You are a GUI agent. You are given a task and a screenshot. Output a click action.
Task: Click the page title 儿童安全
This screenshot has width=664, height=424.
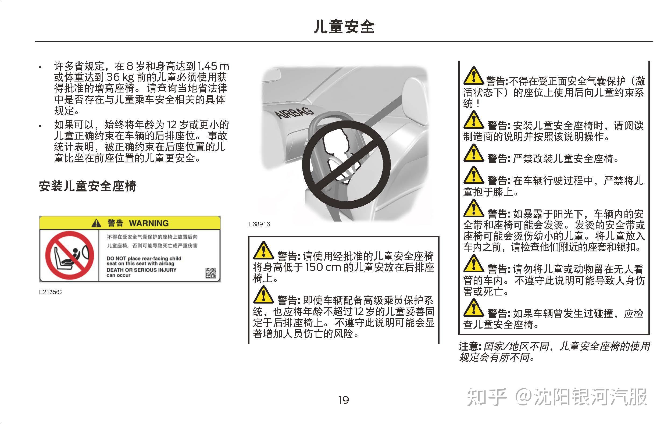click(x=344, y=27)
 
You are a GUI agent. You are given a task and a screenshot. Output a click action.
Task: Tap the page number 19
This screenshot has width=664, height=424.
click(x=344, y=400)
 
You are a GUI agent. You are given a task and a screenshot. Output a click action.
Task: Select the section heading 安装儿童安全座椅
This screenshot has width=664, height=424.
click(x=88, y=186)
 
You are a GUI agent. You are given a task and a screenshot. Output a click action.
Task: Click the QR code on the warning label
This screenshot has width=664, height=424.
click(x=211, y=273)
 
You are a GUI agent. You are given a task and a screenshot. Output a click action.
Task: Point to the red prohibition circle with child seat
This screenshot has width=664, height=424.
click(x=69, y=255)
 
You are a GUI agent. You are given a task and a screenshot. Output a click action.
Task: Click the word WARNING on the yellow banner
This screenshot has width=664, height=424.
click(x=149, y=223)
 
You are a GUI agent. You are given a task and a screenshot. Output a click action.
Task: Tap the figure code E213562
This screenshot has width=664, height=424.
click(x=51, y=292)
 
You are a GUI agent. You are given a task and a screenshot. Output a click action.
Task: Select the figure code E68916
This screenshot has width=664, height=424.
click(x=259, y=224)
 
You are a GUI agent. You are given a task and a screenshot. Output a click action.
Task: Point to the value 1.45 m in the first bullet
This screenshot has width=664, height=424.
click(x=213, y=66)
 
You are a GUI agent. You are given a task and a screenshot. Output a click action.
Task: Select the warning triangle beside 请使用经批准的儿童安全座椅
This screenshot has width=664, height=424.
click(x=263, y=251)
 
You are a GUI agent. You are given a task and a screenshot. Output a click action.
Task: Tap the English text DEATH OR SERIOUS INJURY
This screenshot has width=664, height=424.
click(x=141, y=270)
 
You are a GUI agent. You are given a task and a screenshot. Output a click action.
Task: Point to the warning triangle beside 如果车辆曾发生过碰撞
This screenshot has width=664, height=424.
click(x=473, y=308)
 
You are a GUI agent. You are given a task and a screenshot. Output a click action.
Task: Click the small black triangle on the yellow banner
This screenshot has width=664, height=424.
click(x=96, y=223)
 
